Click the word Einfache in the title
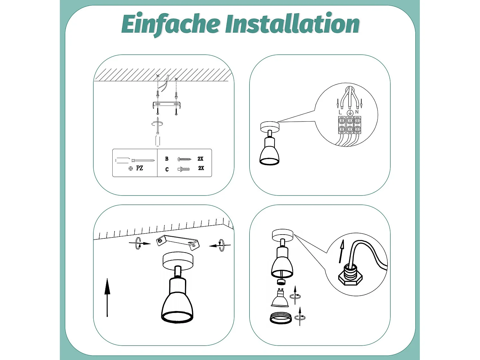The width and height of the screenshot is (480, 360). (171, 24)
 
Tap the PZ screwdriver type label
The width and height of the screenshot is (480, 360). (140, 168)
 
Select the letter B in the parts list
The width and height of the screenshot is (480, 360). (167, 159)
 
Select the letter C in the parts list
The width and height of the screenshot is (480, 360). (167, 169)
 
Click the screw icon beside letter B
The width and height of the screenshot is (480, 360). (184, 159)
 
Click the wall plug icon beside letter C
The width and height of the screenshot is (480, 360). (183, 169)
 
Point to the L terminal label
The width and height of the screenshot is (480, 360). (340, 112)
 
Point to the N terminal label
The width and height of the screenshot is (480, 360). (357, 112)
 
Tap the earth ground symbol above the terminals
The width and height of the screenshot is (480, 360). (350, 112)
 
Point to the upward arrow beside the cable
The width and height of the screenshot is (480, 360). (342, 251)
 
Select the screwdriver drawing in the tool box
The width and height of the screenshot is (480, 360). (134, 160)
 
